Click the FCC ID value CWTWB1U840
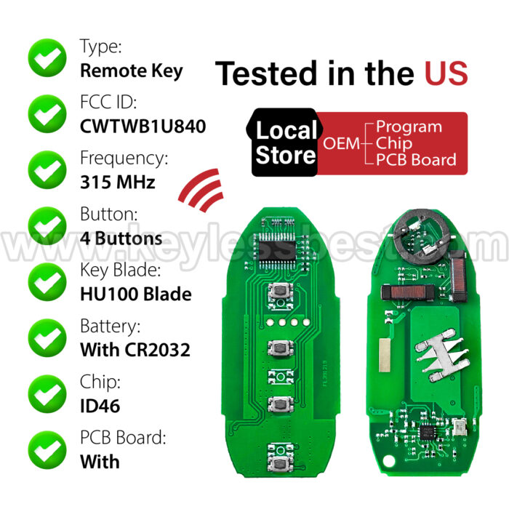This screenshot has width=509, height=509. [x=143, y=127]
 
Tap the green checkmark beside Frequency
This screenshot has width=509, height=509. [x=47, y=169]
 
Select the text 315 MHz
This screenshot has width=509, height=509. [x=118, y=182]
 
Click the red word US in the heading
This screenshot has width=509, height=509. [x=446, y=73]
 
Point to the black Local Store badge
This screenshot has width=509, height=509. [x=284, y=143]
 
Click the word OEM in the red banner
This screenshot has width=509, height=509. [x=341, y=143]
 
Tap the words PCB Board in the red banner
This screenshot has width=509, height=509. [x=416, y=160]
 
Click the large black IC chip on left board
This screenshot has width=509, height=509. [x=277, y=250]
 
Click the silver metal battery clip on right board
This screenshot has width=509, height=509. [x=441, y=355]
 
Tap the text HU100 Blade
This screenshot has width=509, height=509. [x=136, y=294]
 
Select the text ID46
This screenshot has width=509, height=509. [x=100, y=406]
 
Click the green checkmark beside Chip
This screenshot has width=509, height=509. [x=47, y=394]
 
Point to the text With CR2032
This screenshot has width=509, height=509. [x=135, y=350]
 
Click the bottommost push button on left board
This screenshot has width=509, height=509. [x=280, y=463]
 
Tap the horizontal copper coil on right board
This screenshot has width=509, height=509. [x=408, y=292]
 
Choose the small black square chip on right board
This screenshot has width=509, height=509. [x=427, y=432]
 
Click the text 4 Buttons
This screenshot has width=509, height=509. [x=121, y=239]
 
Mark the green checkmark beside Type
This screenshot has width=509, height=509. [x=47, y=57]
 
